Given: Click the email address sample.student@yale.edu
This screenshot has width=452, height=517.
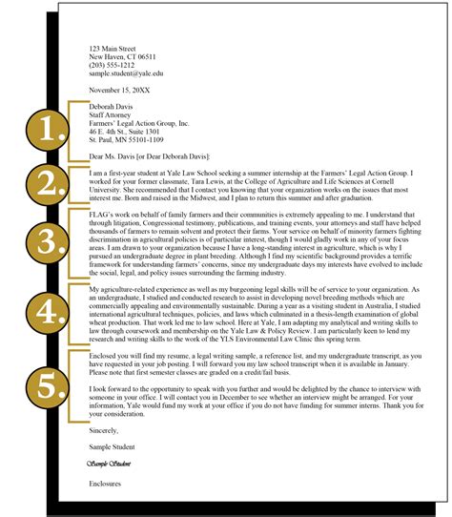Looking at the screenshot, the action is (x=125, y=72).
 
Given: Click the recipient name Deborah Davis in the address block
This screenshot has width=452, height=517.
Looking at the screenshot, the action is (x=112, y=107).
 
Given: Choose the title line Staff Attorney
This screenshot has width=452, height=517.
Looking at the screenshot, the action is (x=112, y=115).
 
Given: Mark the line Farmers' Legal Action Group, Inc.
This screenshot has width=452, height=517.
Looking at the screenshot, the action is (x=138, y=124).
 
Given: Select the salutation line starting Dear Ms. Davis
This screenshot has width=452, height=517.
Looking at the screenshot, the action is (x=149, y=155).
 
